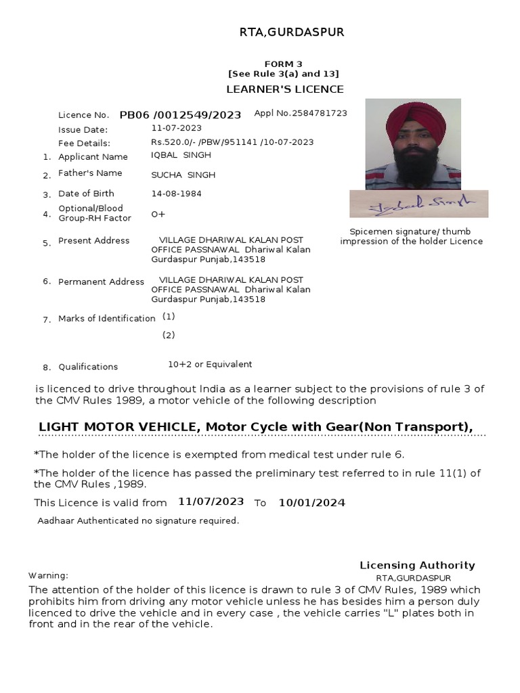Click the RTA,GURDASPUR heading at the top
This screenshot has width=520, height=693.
pos(284,32)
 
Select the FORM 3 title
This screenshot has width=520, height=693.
pos(284,64)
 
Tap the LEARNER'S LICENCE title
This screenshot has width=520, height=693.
pos(284,89)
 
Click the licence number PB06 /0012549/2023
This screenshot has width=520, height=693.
pos(180,115)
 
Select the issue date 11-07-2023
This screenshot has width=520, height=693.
pos(176,128)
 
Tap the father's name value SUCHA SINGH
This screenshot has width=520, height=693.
pos(183,175)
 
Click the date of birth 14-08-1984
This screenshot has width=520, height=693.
pos(176,194)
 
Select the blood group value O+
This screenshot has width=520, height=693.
pos(158,215)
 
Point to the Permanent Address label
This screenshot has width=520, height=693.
pos(101,282)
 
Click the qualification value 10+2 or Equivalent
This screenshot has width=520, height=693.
pos(210,364)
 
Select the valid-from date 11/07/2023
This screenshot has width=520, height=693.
pos(211,502)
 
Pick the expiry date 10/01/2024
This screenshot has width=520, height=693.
pos(312,503)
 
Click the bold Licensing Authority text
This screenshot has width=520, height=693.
pos(417,566)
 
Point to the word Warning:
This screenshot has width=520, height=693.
pos(48,576)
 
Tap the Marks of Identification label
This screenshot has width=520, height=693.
pos(106,319)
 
